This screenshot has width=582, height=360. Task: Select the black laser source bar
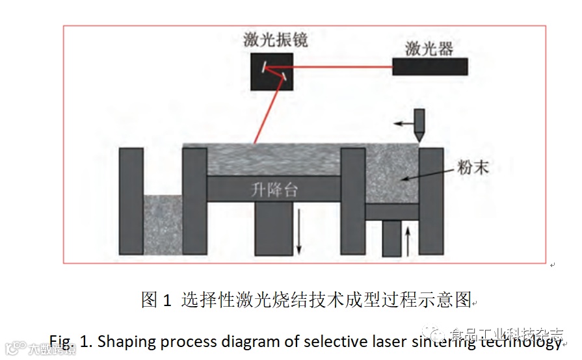pyautogui.click(x=430, y=66)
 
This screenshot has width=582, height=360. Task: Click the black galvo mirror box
pyautogui.click(x=272, y=71)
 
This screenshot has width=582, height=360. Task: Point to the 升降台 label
pyautogui.click(x=274, y=190)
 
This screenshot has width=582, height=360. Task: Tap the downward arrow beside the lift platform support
pyautogui.click(x=299, y=231)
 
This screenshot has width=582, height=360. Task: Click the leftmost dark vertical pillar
pyautogui.click(x=131, y=201)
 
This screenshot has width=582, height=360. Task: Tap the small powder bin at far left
pyautogui.click(x=163, y=225)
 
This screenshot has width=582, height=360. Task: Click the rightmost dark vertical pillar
pyautogui.click(x=432, y=201)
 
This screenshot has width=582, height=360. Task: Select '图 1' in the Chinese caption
pyautogui.click(x=156, y=300)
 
